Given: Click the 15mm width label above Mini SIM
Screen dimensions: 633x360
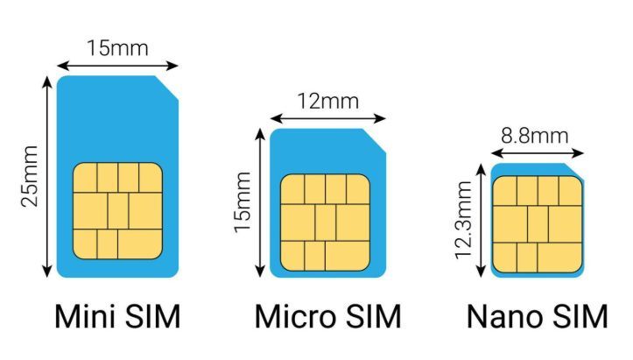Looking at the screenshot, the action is (117, 48).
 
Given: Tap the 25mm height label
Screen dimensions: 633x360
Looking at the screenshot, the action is (30, 176).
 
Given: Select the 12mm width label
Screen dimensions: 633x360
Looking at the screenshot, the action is (327, 101).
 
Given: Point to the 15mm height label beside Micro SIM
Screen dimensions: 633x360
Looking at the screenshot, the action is (243, 202).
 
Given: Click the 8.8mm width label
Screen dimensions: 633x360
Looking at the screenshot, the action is (534, 136).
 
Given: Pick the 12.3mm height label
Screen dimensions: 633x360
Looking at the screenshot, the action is (463, 220).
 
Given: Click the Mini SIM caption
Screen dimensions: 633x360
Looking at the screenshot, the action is (117, 317).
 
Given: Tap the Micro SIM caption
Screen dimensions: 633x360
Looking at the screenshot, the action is (327, 317).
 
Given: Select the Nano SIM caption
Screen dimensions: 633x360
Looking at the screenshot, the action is (537, 317).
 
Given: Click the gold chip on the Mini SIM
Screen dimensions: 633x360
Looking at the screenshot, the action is (117, 211).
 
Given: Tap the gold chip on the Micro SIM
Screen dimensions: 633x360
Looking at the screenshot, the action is (325, 222).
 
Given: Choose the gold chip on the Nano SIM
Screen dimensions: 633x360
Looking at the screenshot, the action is (538, 224).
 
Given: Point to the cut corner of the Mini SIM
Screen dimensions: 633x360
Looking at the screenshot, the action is (166, 88).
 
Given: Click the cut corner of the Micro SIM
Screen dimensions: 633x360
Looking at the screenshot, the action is (375, 141).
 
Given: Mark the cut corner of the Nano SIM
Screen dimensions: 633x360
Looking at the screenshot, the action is (573, 172).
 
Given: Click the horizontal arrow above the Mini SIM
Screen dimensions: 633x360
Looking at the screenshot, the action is (117, 66).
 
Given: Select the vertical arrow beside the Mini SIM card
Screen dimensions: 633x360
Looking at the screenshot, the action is (47, 177).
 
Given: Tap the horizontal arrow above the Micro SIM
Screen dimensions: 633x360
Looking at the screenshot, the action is (327, 118).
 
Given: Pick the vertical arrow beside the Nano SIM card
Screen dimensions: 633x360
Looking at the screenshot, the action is (481, 221).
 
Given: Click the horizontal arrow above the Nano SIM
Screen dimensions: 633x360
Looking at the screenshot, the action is (538, 153).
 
